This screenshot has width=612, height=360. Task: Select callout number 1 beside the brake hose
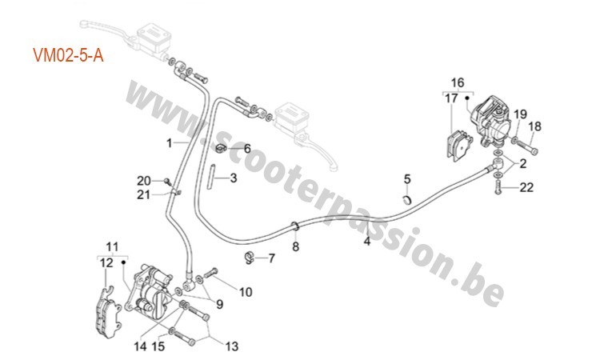tap(170, 143)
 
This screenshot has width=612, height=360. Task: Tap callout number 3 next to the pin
tap(234, 178)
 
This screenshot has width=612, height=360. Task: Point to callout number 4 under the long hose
tap(367, 239)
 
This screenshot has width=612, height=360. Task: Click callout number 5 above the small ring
tap(406, 178)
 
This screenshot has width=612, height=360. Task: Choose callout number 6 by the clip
tap(247, 149)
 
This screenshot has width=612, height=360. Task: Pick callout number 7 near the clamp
tap(270, 258)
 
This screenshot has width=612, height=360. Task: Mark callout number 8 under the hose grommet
tap(295, 246)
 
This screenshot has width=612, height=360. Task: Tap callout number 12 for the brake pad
tap(106, 262)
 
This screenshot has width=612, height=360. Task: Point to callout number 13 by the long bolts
tap(232, 346)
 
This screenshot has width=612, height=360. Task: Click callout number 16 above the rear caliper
tap(457, 82)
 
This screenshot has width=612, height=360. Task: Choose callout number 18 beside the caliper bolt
tap(534, 126)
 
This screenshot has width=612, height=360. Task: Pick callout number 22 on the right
tap(526, 187)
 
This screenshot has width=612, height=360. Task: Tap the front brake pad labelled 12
tap(105, 304)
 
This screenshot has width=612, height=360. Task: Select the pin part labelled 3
tap(214, 174)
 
